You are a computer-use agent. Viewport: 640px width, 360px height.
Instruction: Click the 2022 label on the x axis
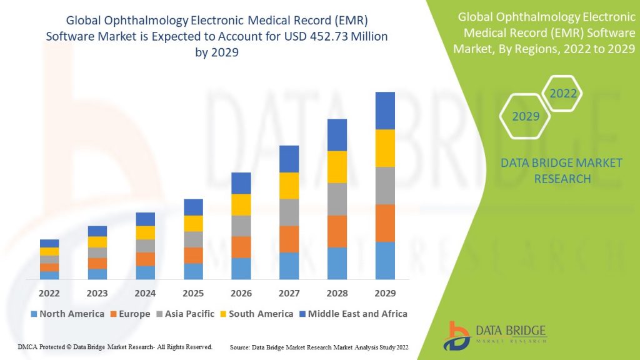(x=49, y=292)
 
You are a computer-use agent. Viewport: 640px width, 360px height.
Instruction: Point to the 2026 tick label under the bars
(x=241, y=292)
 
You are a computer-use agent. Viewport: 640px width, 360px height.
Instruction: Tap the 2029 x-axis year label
(x=385, y=292)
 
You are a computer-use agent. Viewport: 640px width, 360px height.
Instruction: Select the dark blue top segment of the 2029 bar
(x=385, y=111)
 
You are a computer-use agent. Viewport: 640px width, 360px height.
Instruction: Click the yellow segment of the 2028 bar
(x=337, y=167)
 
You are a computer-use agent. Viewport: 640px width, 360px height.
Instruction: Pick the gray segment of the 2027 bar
(x=289, y=212)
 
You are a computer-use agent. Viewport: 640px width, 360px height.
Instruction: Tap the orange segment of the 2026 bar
(x=241, y=247)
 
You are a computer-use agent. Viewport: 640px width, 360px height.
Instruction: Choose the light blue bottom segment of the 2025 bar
(x=193, y=271)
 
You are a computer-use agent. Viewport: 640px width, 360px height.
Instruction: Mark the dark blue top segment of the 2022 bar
(x=49, y=243)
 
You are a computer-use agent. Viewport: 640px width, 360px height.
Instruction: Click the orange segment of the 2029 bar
(x=385, y=223)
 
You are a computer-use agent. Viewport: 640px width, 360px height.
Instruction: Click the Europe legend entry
(x=130, y=314)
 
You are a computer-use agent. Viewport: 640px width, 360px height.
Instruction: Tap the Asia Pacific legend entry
(x=187, y=314)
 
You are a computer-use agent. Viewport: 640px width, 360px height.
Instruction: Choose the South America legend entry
(x=256, y=314)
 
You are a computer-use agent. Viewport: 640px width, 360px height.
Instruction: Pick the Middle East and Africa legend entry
(x=352, y=314)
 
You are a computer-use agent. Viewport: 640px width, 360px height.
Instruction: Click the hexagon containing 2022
(x=562, y=94)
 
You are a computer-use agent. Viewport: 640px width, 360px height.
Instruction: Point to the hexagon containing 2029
(x=525, y=117)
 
